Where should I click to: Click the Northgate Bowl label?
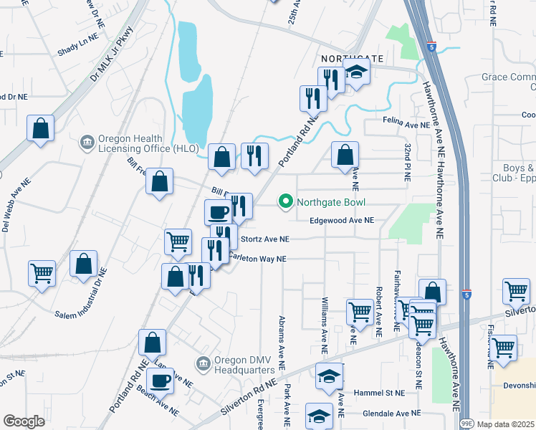327,202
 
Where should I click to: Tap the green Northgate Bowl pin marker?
287,202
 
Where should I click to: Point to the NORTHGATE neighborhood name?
352,58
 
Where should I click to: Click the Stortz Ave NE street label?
265,239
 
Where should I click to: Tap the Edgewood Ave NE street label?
342,221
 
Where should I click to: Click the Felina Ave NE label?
406,124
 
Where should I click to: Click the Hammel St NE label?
379,393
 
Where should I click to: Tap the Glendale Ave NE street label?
391,414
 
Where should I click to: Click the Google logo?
24,421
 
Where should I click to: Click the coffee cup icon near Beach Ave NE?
160,381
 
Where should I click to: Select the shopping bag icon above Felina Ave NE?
345,154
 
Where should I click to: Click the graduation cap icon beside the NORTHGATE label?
355,71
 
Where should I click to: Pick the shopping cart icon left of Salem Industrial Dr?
42,272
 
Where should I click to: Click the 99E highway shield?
466,424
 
